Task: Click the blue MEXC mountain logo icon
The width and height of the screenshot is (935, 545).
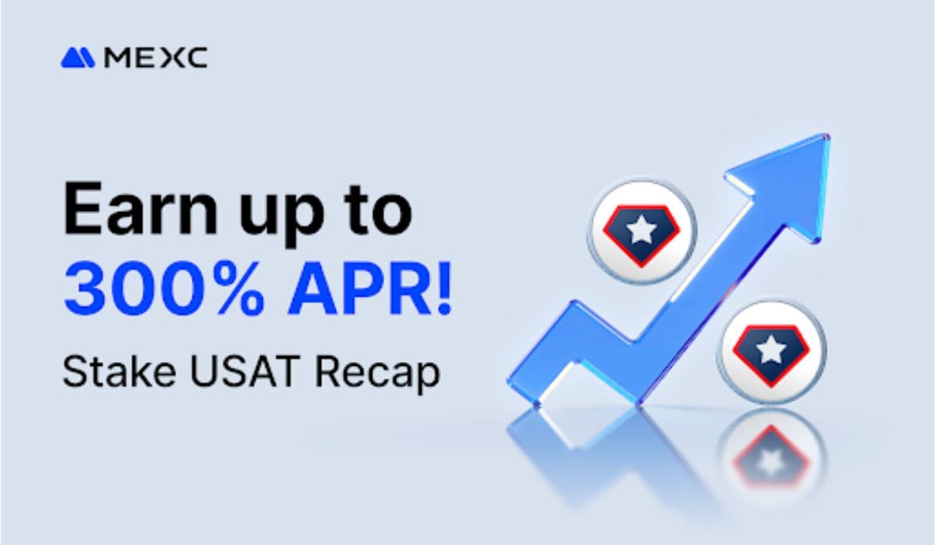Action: (x=77, y=58)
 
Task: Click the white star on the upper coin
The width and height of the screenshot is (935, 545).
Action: (x=640, y=229)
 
